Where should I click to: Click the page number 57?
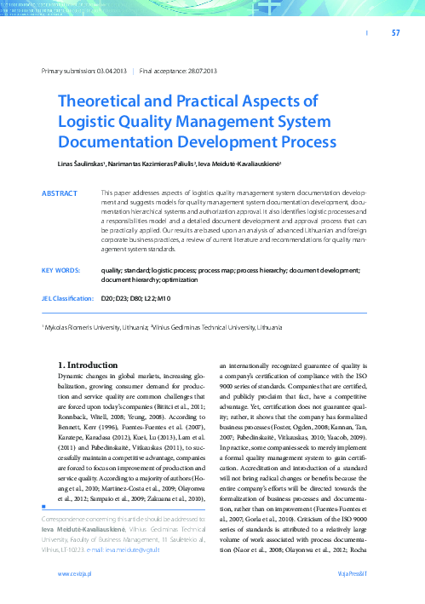(x=395, y=33)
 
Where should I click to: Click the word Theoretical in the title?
(x=105, y=101)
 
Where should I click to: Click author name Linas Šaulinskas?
(x=82, y=162)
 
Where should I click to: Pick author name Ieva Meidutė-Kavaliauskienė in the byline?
(x=248, y=162)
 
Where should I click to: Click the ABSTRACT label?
(x=60, y=194)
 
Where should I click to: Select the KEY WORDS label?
(x=60, y=270)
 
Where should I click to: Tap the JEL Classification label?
(x=67, y=299)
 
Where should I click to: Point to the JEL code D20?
(x=106, y=299)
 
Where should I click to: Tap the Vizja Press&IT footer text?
(x=351, y=576)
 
